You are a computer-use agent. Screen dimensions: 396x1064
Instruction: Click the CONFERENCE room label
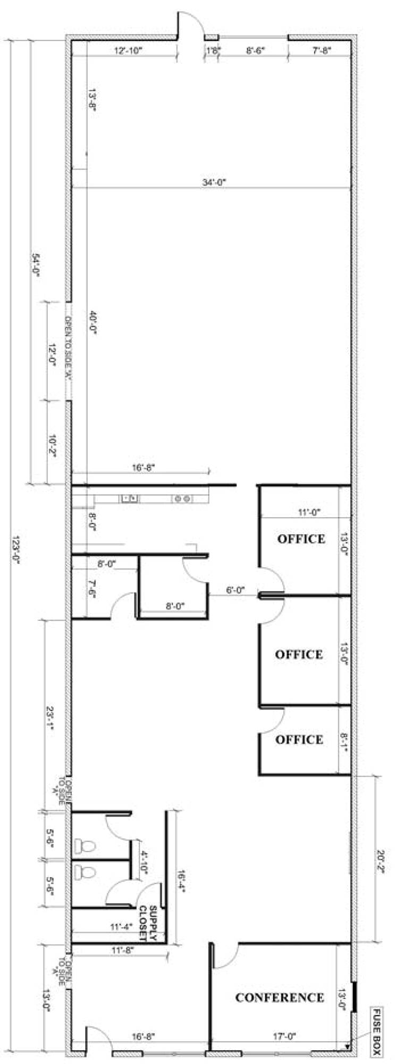coord(280,983)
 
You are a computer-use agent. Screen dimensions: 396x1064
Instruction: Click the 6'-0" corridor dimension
coord(233,590)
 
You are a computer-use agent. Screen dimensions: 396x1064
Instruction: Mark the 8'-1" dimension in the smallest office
coord(343,739)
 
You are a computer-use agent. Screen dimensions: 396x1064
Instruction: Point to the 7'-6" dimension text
coord(92,589)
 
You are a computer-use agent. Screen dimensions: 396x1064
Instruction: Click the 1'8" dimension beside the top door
coord(213,51)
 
